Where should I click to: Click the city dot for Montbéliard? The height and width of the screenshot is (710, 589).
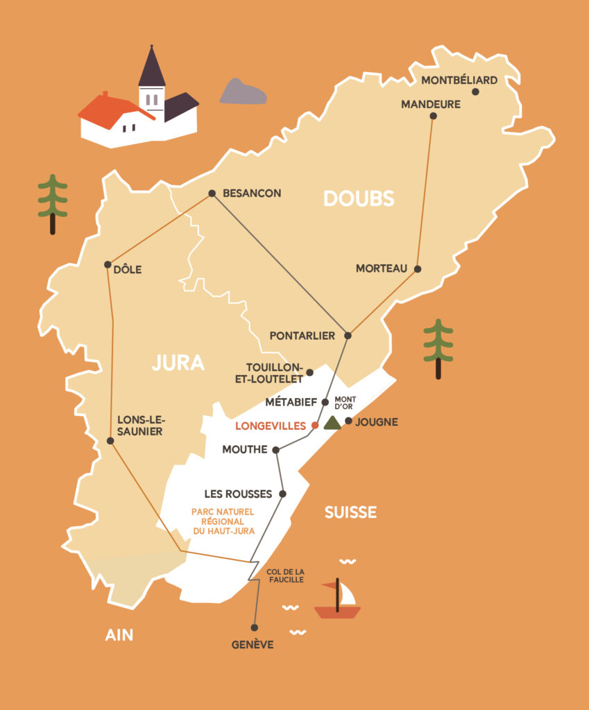pyautogui.click(x=475, y=92)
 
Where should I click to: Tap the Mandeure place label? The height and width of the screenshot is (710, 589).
pyautogui.click(x=431, y=105)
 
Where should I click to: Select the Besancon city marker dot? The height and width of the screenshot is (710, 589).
pyautogui.click(x=212, y=193)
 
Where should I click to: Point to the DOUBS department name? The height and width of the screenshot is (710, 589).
pyautogui.click(x=359, y=199)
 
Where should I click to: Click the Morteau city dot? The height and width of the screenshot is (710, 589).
pyautogui.click(x=418, y=268)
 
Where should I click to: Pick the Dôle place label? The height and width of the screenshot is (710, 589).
pyautogui.click(x=128, y=270)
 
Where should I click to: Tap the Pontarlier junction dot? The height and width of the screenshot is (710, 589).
pyautogui.click(x=348, y=336)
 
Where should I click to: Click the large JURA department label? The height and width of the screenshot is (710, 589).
pyautogui.click(x=178, y=363)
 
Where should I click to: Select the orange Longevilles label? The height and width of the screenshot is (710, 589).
pyautogui.click(x=271, y=426)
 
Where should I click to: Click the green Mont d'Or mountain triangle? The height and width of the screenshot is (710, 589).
pyautogui.click(x=332, y=423)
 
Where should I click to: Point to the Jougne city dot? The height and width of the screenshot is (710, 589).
pyautogui.click(x=349, y=420)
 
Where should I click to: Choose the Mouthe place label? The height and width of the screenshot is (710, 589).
pyautogui.click(x=244, y=450)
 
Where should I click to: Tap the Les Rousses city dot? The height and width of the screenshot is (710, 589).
pyautogui.click(x=282, y=494)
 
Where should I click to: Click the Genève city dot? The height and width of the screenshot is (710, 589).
pyautogui.click(x=255, y=627)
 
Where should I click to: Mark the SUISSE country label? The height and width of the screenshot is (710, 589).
pyautogui.click(x=350, y=512)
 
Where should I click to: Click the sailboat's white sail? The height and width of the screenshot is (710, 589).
pyautogui.click(x=346, y=594)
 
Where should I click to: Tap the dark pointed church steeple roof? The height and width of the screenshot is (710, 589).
pyautogui.click(x=151, y=68)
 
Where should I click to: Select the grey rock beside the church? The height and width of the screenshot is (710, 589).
pyautogui.click(x=243, y=92)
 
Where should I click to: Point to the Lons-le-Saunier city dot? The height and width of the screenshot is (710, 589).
pyautogui.click(x=111, y=441)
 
